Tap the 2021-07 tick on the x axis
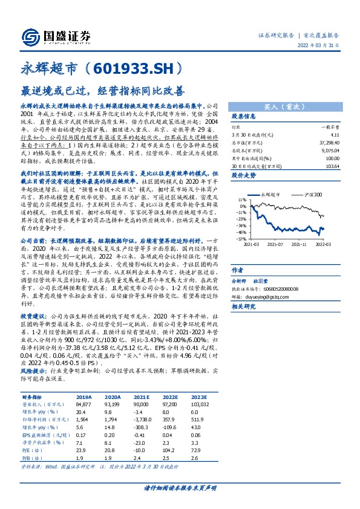tap(276, 245)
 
